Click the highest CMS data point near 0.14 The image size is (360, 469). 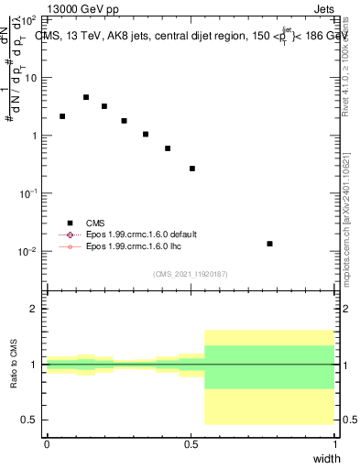86,97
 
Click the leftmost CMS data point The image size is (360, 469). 62,116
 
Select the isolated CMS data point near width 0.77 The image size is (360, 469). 269,244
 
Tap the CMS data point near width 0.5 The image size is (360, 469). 192,169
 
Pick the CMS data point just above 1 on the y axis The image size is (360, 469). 146,135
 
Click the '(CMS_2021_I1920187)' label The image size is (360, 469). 191,274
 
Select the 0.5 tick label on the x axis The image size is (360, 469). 191,444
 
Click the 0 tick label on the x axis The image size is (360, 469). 47,444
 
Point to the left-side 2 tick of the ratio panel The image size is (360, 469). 35,309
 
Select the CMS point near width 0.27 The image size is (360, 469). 124,121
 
